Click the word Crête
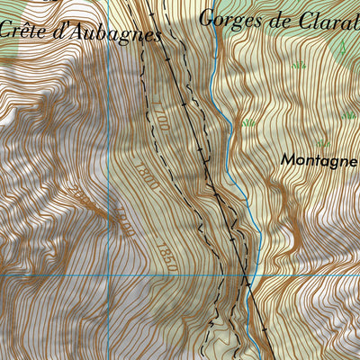coord(23,29)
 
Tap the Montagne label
coord(319,159)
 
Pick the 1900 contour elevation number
coord(122,221)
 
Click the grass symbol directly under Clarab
coord(298,65)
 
